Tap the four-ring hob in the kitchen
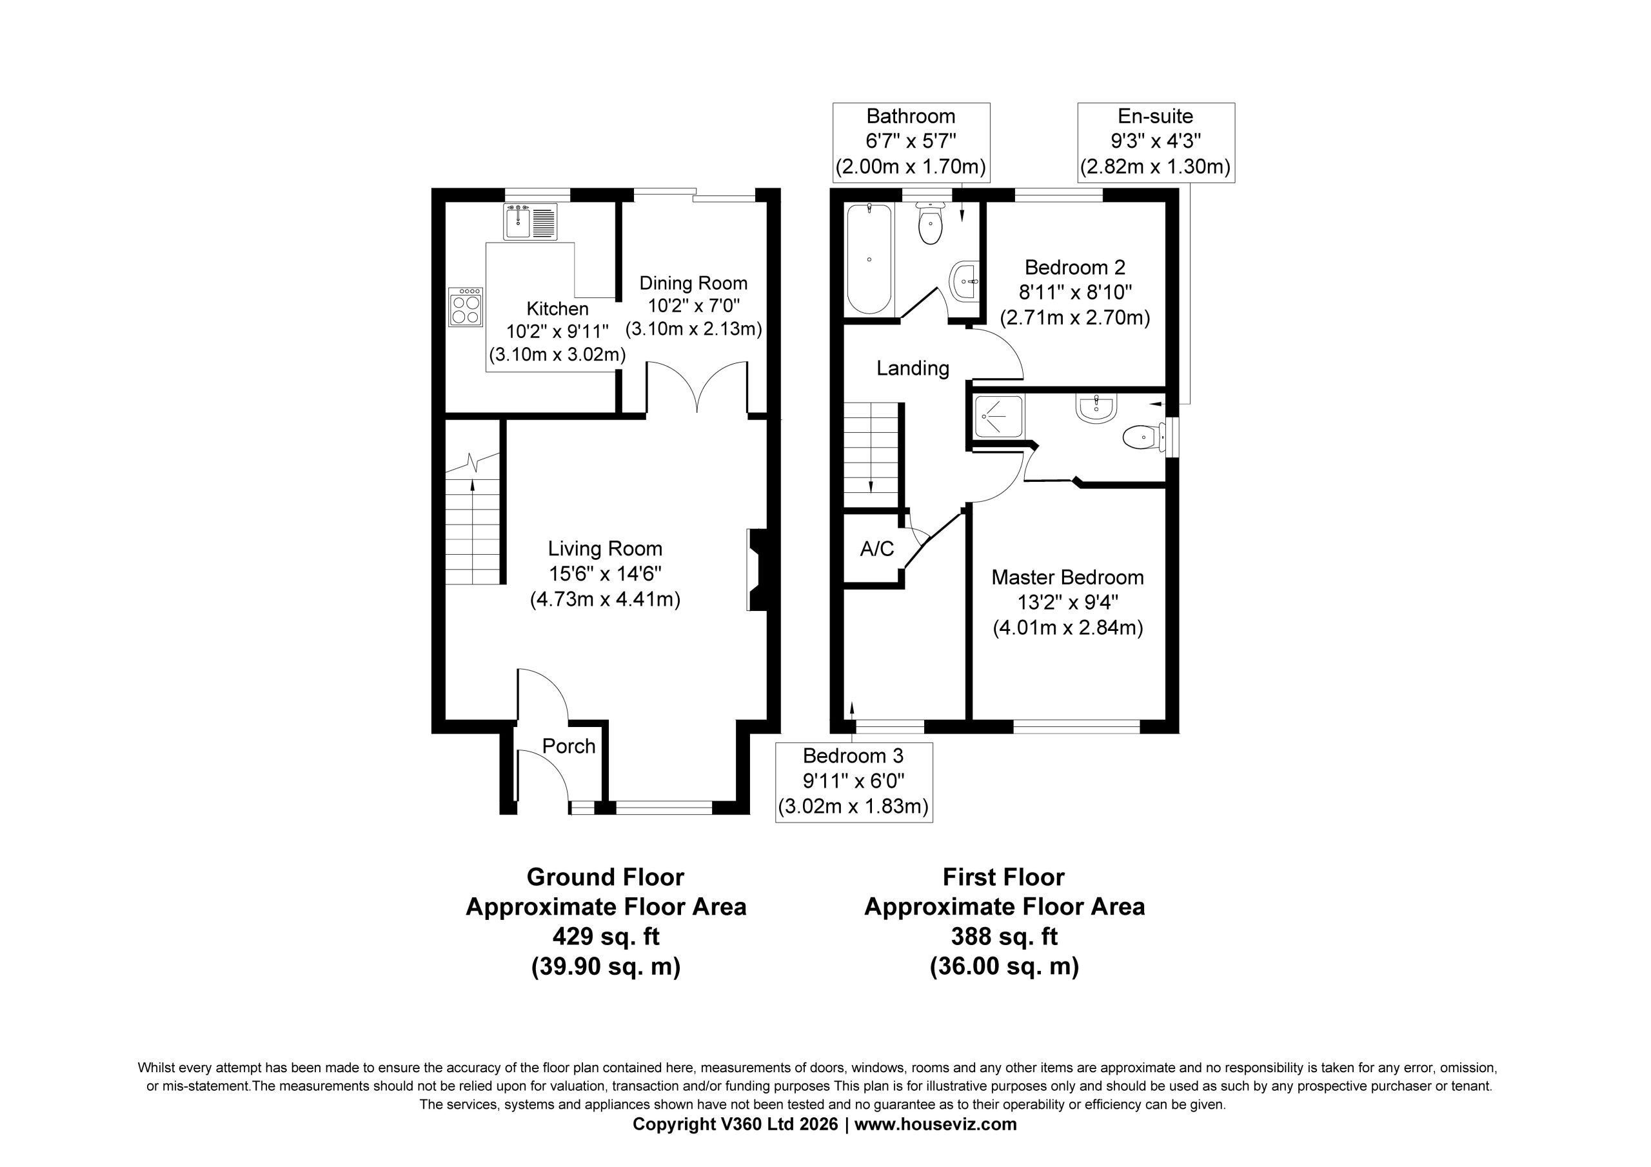click(x=465, y=307)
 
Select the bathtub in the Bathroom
click(x=869, y=260)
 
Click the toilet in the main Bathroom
click(x=931, y=223)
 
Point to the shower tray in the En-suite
click(x=998, y=417)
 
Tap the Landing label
click(x=913, y=368)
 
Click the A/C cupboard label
click(x=877, y=549)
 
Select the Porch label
click(x=569, y=746)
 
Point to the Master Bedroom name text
click(x=1067, y=577)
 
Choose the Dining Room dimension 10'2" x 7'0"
click(x=694, y=306)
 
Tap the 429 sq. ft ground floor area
click(x=606, y=936)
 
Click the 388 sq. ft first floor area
click(x=1004, y=936)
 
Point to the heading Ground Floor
click(x=606, y=877)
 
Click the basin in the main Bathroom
click(x=964, y=281)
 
